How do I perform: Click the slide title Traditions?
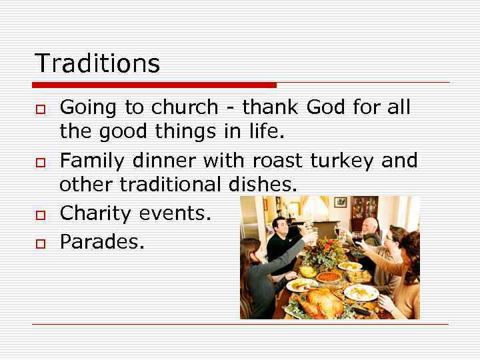tap(97, 63)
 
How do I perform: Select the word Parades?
tap(101, 241)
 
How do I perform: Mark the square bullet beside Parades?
tap(40, 244)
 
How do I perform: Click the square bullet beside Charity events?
tap(40, 215)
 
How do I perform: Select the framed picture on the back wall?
tap(341, 201)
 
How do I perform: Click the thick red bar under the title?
tap(154, 85)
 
